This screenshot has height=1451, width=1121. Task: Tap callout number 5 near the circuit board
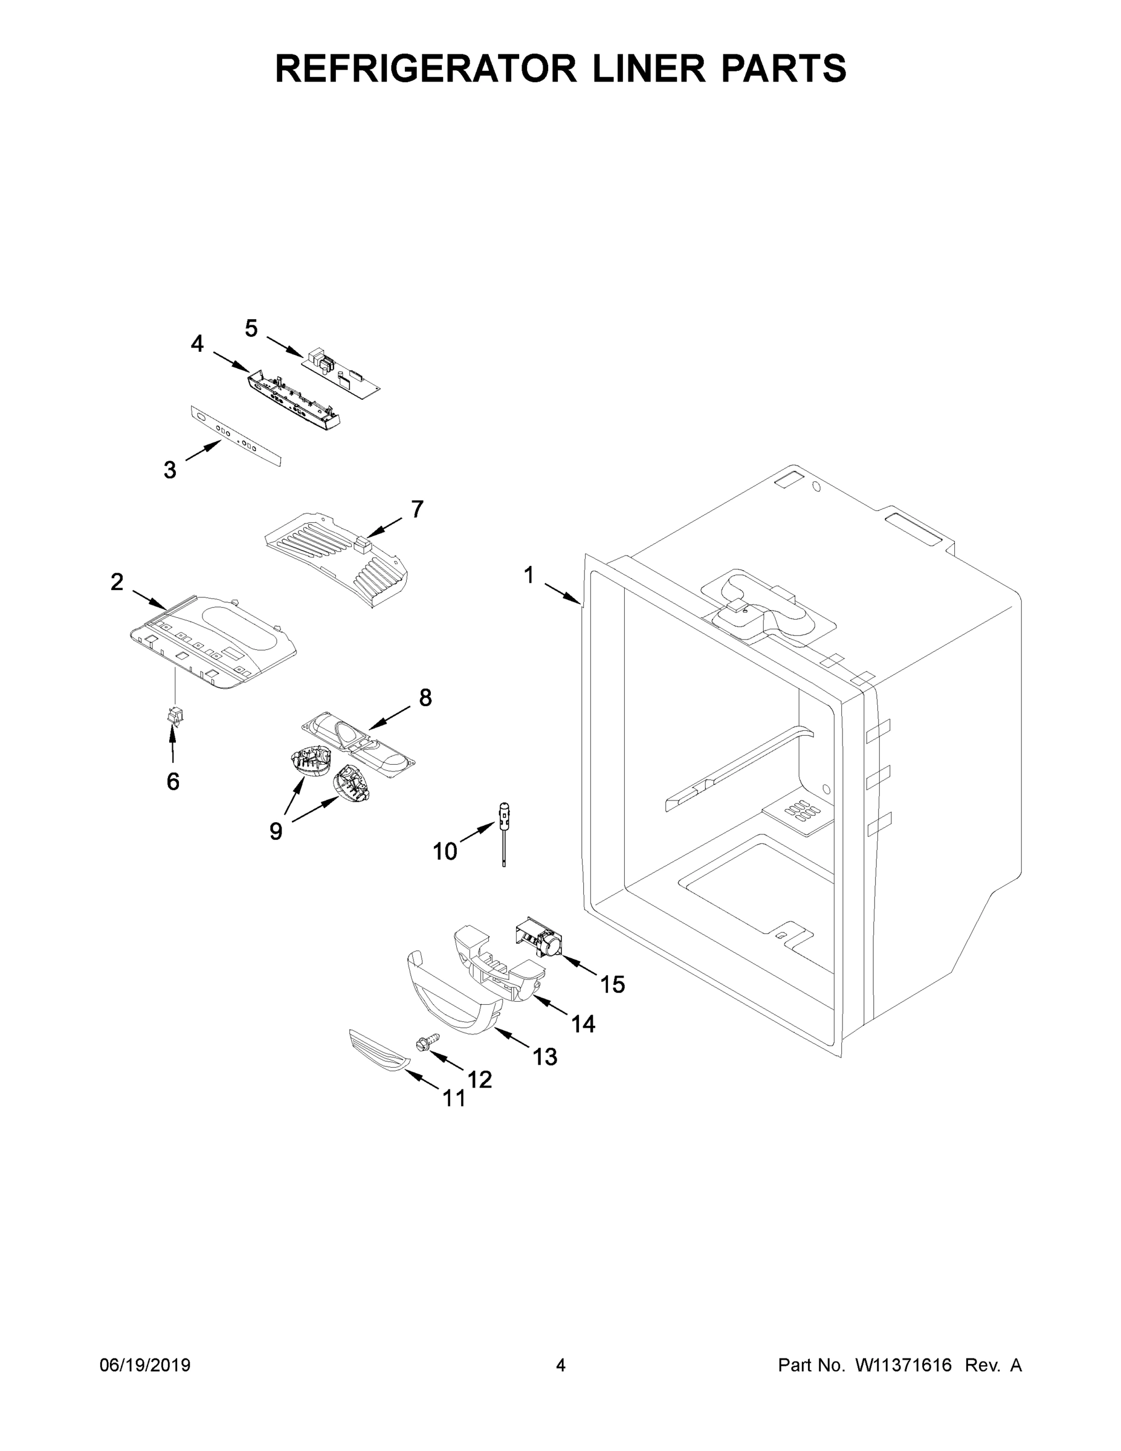click(251, 328)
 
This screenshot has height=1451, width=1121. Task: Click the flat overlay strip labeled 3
click(236, 437)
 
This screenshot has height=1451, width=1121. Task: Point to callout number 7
click(416, 509)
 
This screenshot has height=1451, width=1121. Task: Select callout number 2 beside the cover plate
click(117, 582)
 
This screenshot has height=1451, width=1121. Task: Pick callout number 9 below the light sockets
click(276, 831)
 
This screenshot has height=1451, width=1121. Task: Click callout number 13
click(544, 1056)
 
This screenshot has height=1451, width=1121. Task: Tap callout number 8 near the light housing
click(425, 697)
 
